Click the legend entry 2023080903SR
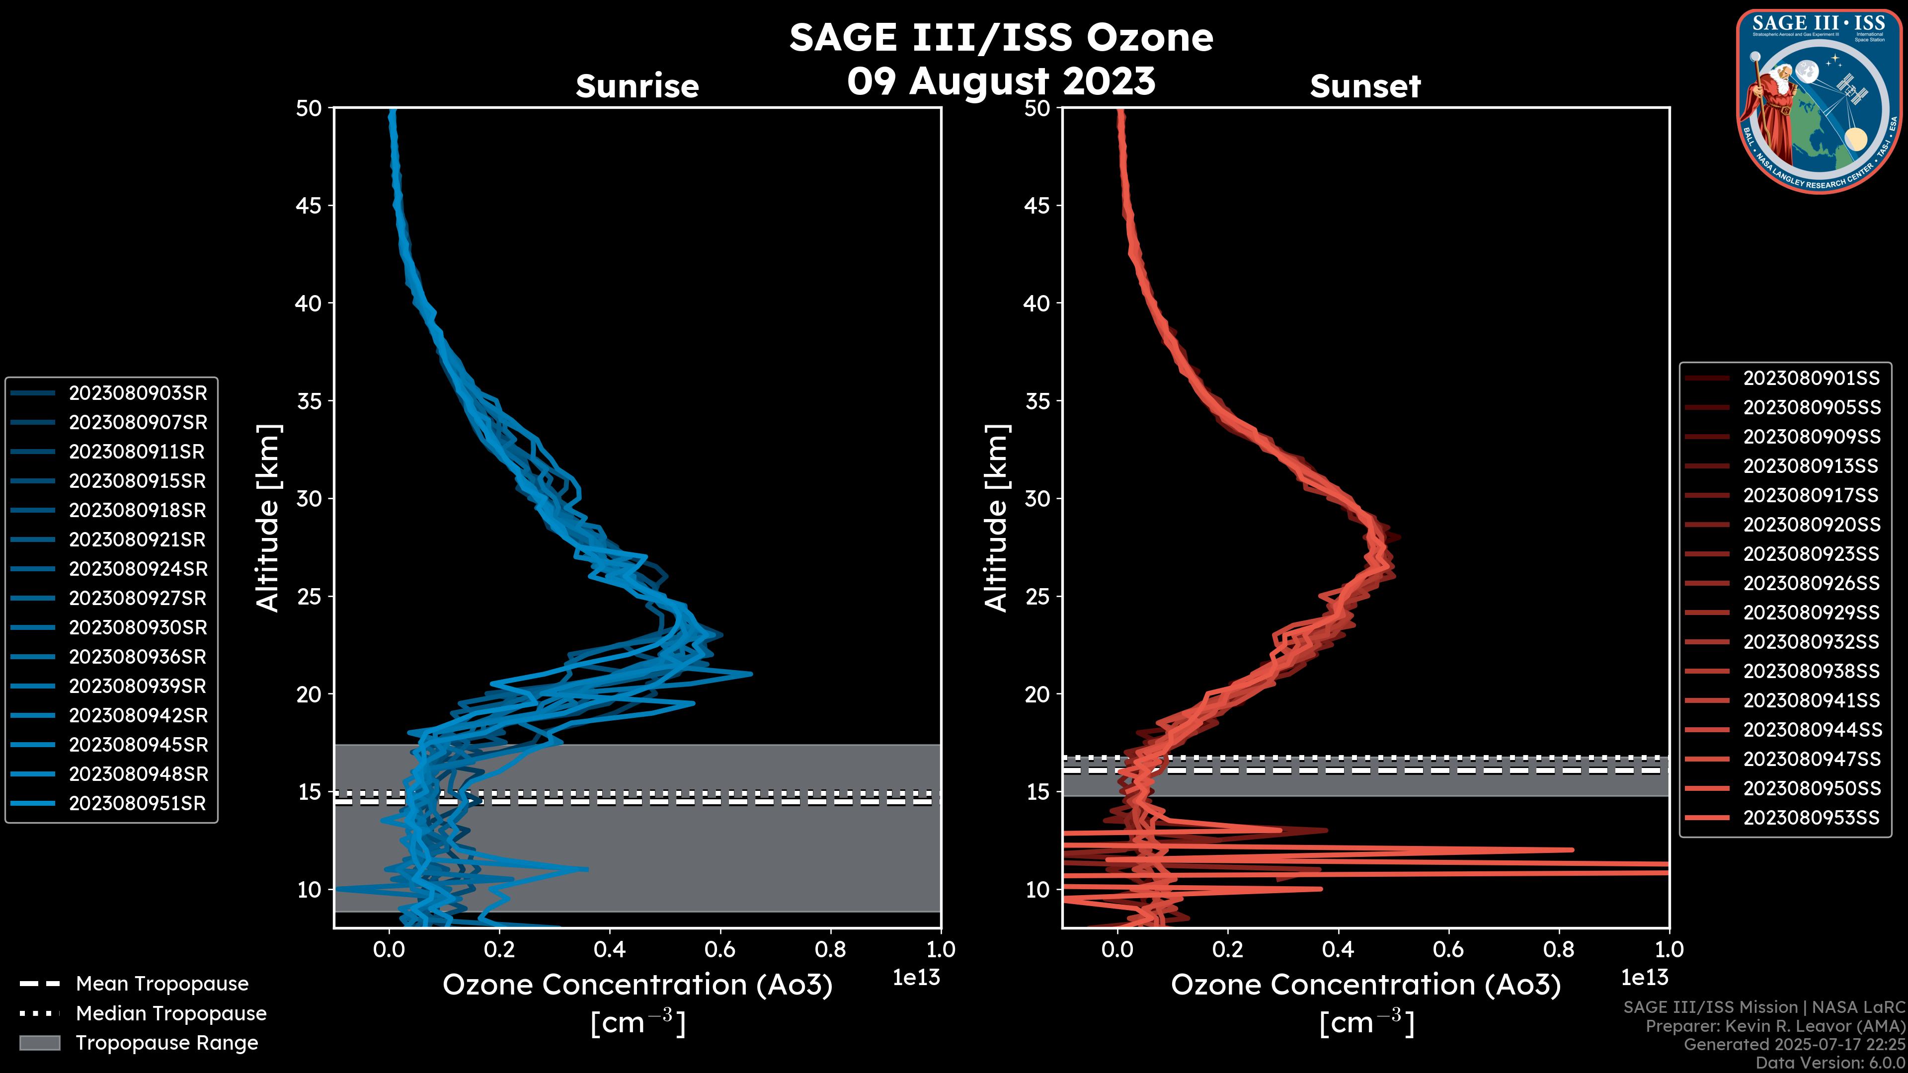tap(138, 393)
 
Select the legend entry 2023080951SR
tap(137, 803)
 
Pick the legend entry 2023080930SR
tap(138, 628)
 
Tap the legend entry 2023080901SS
tap(1811, 379)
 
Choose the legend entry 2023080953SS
tap(1811, 818)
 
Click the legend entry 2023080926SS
tap(1811, 584)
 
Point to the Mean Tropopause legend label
tap(162, 984)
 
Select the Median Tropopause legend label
tap(171, 1014)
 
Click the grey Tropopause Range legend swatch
tap(39, 1043)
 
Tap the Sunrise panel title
tap(637, 86)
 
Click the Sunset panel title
tap(1365, 86)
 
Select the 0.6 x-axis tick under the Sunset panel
tap(1448, 949)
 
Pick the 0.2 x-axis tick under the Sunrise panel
tap(499, 949)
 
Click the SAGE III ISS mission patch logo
tap(1819, 101)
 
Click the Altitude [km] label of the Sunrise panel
tap(268, 518)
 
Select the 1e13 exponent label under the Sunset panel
tap(1644, 978)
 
